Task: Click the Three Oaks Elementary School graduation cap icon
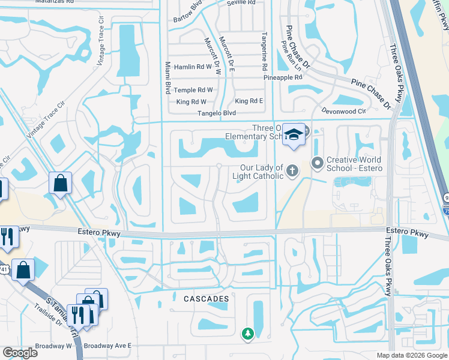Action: tap(294, 134)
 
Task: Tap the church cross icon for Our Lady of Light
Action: tap(292, 172)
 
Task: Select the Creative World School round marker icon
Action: tap(316, 162)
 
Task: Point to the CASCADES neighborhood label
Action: tap(206, 298)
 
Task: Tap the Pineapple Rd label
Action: tap(283, 77)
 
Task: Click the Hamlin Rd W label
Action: tap(193, 67)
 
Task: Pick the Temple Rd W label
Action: tap(193, 90)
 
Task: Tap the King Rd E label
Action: tap(249, 101)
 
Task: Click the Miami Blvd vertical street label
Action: tap(167, 76)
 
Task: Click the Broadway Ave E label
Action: tap(107, 346)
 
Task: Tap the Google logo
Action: tap(20, 353)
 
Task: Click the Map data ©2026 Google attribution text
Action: tap(412, 355)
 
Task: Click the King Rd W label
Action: tap(191, 102)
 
